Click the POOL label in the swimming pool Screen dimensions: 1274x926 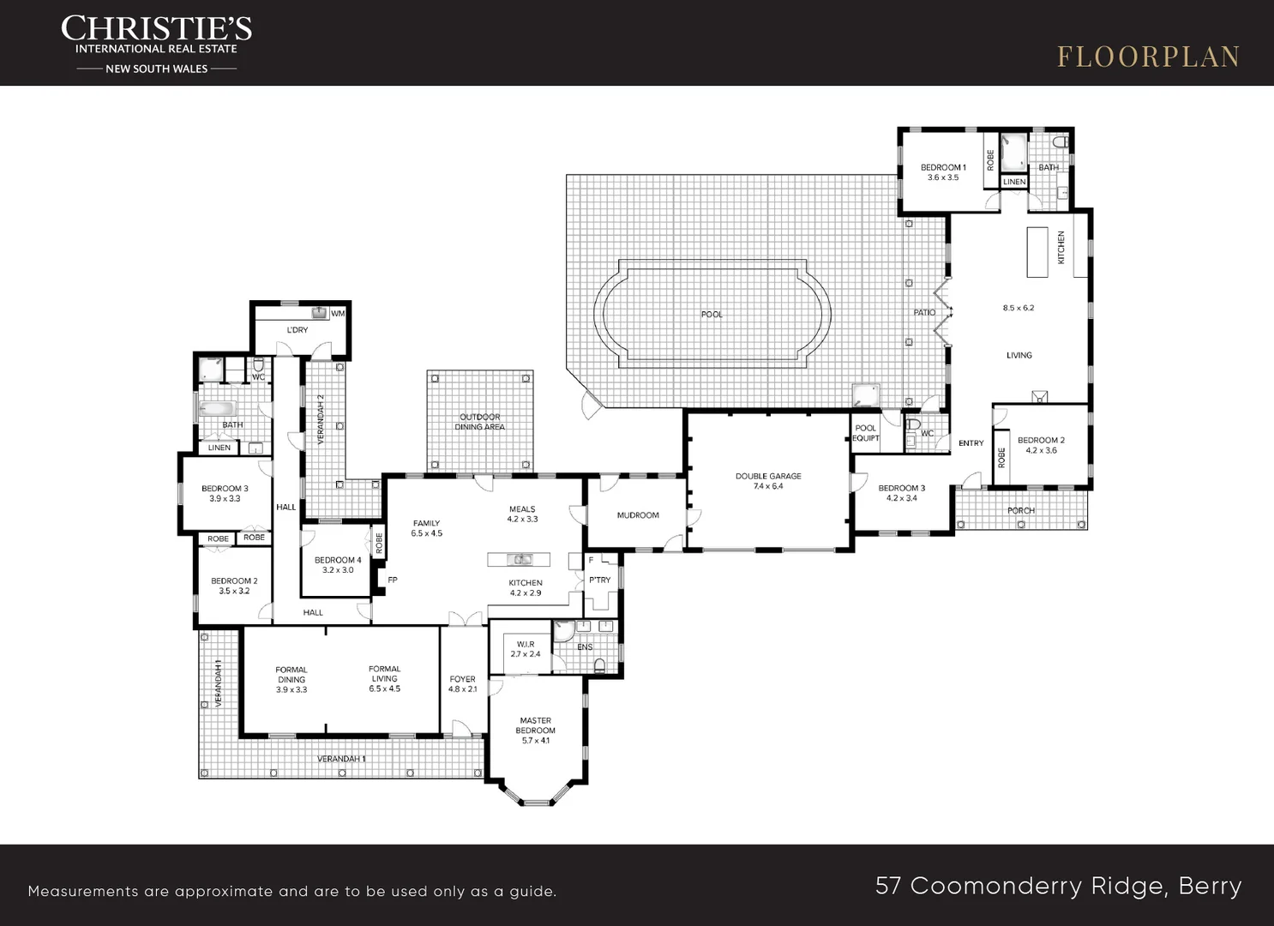click(712, 315)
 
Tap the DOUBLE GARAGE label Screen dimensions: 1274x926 click(768, 476)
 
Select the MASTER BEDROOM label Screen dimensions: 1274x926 click(535, 725)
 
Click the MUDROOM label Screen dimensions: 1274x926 click(638, 515)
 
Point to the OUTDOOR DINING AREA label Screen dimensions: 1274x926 click(479, 422)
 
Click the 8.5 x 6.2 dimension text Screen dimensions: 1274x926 click(1018, 308)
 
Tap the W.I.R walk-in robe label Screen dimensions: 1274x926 click(526, 645)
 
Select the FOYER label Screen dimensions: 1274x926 click(462, 679)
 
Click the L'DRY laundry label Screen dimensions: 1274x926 click(297, 330)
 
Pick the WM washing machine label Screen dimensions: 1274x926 click(338, 314)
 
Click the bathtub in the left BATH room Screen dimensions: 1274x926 click(219, 408)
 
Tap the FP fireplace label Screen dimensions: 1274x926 click(393, 580)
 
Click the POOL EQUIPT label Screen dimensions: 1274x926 click(866, 433)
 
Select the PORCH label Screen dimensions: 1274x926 click(1021, 511)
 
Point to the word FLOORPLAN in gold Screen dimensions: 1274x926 click(1148, 57)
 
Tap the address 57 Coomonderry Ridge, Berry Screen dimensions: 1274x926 click(1059, 887)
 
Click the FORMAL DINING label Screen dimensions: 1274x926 click(291, 675)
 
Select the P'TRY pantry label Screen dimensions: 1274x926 click(599, 580)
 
